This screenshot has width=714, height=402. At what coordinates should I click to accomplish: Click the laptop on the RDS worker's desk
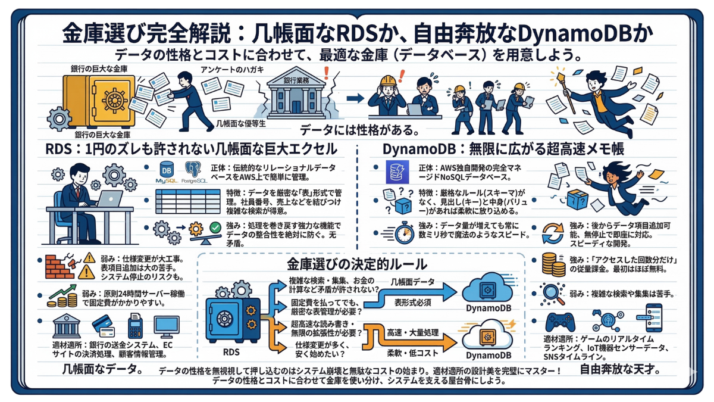click(x=109, y=199)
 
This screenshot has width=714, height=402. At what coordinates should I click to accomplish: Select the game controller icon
click(x=560, y=321)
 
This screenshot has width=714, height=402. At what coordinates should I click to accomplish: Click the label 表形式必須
click(x=412, y=303)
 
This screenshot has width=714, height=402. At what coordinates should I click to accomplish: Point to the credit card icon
click(x=102, y=325)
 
